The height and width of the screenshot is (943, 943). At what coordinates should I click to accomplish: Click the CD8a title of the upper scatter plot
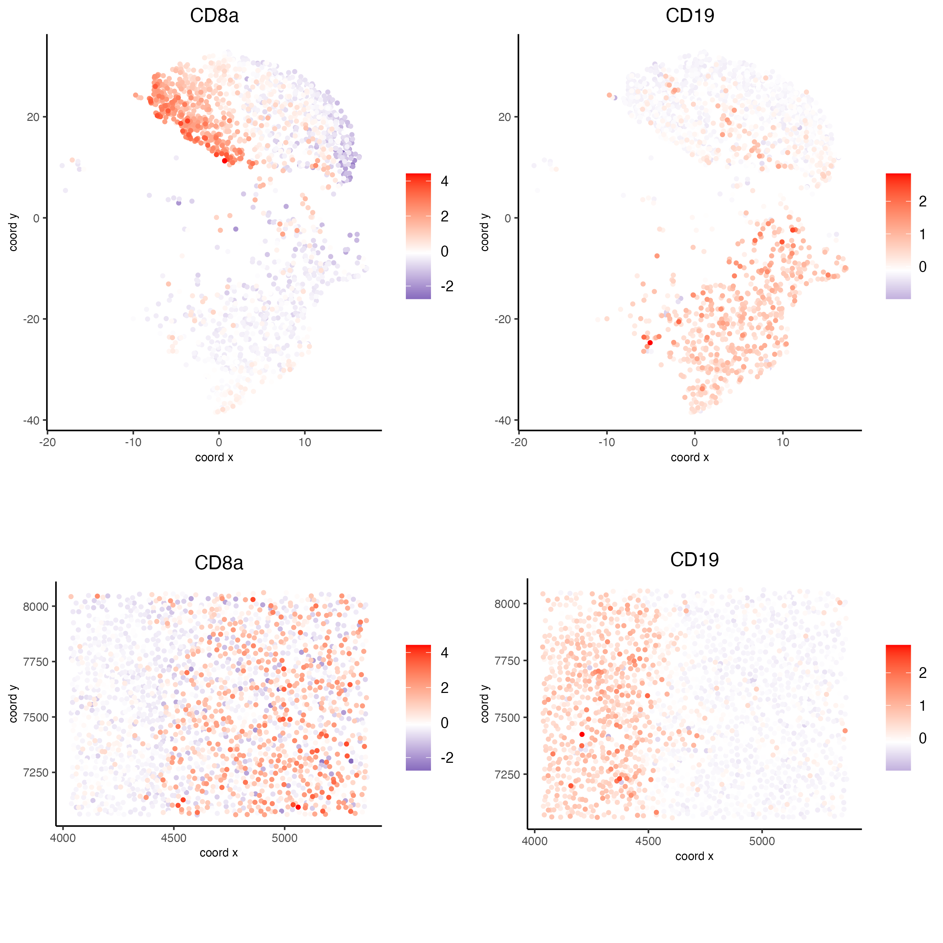(x=214, y=16)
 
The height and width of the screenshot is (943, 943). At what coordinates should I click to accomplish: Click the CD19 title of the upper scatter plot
(x=690, y=16)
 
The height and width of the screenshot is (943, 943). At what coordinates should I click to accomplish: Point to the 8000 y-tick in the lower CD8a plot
(x=36, y=607)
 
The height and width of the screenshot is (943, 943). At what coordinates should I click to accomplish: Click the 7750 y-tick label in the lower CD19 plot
(x=507, y=661)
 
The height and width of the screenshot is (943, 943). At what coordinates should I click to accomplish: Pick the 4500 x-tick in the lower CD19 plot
(x=648, y=841)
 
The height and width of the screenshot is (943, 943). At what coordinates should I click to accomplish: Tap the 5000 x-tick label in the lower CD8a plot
(x=285, y=839)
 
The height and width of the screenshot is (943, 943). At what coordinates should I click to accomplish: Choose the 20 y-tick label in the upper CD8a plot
(x=33, y=117)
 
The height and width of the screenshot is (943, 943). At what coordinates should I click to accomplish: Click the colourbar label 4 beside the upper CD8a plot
(x=444, y=181)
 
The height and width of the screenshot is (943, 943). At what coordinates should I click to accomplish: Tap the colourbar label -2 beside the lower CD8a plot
(x=447, y=758)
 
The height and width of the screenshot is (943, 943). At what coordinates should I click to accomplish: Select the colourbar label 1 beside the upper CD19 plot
(x=922, y=234)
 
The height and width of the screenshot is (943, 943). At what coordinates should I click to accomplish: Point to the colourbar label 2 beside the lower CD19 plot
(x=922, y=673)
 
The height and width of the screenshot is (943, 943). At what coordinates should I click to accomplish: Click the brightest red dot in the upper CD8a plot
(x=225, y=161)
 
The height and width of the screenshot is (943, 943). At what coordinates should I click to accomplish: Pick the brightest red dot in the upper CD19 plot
(x=650, y=343)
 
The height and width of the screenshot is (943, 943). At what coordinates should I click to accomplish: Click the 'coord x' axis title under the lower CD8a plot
(x=219, y=853)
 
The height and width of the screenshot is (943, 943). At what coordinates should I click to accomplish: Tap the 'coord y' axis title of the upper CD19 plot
(x=485, y=232)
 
